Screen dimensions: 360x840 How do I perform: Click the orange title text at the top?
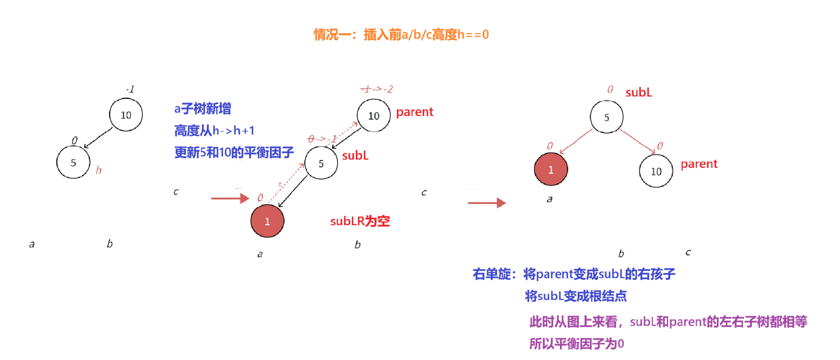click(401, 35)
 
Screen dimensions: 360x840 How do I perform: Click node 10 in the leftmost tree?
click(126, 115)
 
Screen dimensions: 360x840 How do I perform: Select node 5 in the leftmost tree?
click(73, 163)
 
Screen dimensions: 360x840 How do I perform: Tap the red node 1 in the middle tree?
click(267, 221)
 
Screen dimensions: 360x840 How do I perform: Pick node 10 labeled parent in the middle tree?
click(374, 116)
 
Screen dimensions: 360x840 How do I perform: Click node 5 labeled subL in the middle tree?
click(321, 163)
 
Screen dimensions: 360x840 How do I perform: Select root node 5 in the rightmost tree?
click(607, 117)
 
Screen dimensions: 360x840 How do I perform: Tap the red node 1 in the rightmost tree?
click(551, 169)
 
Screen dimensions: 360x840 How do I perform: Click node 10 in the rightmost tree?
click(656, 172)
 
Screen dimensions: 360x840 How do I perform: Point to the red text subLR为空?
click(360, 221)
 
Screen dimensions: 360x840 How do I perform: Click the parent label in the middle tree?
click(415, 112)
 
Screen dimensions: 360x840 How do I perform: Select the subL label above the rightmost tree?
click(639, 93)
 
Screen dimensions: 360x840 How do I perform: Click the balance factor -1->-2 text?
click(377, 89)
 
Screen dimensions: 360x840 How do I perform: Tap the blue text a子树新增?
click(203, 109)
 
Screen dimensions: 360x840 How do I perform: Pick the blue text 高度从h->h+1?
click(214, 131)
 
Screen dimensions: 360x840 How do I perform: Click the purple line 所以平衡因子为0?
click(577, 344)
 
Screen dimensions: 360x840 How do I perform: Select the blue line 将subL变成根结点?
click(576, 296)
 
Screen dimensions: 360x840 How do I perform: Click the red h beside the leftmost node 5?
click(99, 170)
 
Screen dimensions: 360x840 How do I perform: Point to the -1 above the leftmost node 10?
click(130, 89)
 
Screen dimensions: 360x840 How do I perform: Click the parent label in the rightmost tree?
click(699, 164)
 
